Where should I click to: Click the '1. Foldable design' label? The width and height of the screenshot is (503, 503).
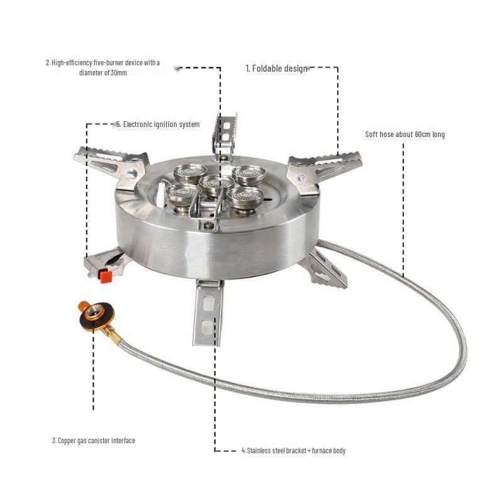coord(277,69)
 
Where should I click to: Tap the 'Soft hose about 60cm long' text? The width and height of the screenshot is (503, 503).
coord(405,135)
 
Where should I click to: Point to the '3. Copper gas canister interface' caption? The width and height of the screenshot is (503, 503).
coord(94,441)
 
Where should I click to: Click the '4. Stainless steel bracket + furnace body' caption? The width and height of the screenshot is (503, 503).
coord(293,451)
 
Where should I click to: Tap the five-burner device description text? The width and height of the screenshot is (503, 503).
coord(103,67)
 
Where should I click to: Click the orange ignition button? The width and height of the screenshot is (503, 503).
coord(105,275)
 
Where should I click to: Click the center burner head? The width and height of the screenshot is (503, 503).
coord(217,185)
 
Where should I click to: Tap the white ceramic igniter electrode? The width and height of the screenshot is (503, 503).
coord(163,194)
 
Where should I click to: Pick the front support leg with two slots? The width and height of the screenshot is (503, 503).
coord(207,312)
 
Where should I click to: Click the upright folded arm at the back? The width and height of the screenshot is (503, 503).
coord(224,134)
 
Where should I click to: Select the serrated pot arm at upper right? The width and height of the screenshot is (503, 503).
coord(324,167)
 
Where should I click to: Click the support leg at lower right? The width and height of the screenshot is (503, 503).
coord(324,268)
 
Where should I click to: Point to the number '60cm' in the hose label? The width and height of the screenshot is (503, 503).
coord(423,135)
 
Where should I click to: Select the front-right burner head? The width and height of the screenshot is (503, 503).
coord(246,197)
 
